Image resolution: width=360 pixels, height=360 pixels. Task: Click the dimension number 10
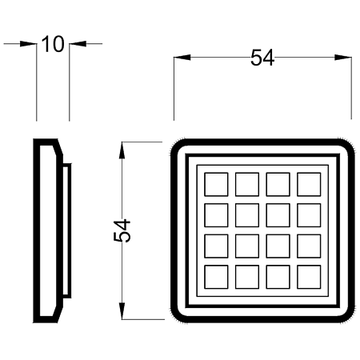pos(53,44)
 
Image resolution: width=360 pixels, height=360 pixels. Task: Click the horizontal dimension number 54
pos(262,58)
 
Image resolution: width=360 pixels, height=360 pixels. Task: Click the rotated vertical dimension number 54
pos(122,230)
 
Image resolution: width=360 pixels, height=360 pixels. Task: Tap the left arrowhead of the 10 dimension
pos(28,44)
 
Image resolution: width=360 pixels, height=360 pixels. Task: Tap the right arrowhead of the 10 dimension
pos(78,44)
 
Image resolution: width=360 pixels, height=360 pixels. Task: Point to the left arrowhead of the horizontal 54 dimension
pos(182,58)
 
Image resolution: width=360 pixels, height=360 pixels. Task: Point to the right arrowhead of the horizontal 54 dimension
pos(343,58)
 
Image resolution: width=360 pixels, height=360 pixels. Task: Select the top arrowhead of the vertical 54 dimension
pos(122,150)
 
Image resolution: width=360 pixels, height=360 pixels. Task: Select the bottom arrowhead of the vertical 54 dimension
pos(122,311)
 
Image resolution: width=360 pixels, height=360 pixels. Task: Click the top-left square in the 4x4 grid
pos(216,185)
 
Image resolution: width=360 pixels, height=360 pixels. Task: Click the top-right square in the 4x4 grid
pos(309,185)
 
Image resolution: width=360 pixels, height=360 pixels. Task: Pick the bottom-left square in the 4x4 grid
pos(216,277)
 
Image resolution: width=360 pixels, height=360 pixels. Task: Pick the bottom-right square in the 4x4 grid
pos(309,277)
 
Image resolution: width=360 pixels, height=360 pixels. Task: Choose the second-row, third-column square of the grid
pos(278,215)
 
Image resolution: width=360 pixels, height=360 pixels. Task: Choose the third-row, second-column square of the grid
pos(247,246)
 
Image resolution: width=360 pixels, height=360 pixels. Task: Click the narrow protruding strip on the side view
pos(67,230)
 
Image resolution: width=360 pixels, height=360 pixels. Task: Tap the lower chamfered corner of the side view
pos(59,314)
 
